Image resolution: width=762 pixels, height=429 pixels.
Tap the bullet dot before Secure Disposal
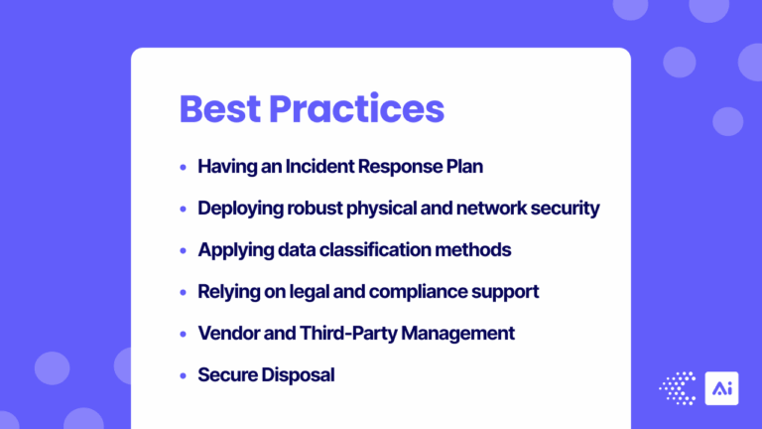[x=183, y=375]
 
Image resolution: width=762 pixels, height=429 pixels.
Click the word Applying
[x=233, y=250]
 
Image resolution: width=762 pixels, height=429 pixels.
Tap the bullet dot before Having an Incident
[x=183, y=167]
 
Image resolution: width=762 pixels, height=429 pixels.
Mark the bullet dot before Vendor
[x=183, y=334]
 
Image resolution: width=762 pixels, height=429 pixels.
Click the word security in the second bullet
[x=565, y=209]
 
